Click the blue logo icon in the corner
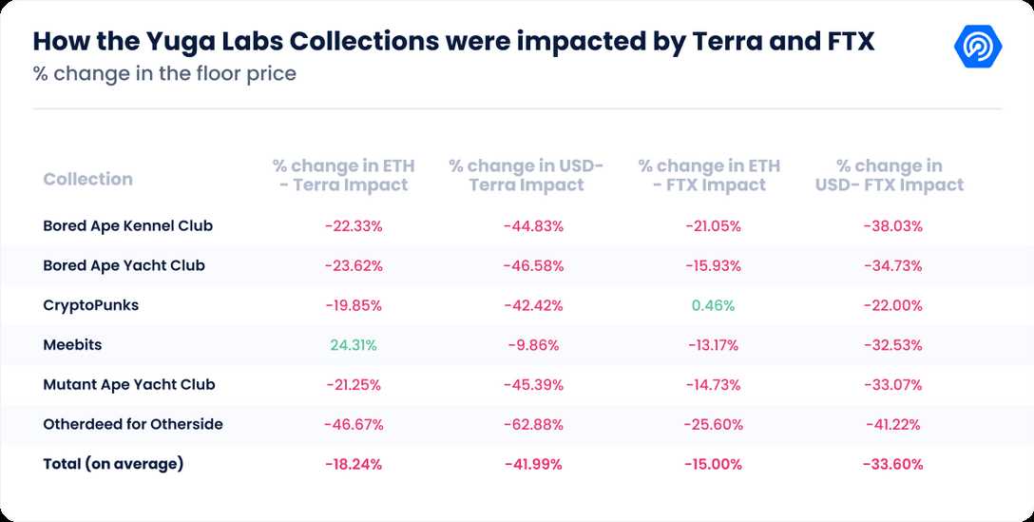tap(978, 46)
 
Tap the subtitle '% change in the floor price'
tap(164, 73)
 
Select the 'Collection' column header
tap(87, 179)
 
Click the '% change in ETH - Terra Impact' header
tap(343, 175)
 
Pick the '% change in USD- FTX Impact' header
tap(889, 175)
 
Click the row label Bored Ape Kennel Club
tap(127, 226)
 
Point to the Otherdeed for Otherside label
tap(133, 424)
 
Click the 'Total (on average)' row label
tap(113, 464)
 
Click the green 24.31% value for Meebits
tap(354, 345)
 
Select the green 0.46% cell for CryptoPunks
tap(713, 305)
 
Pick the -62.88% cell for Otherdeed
tap(533, 424)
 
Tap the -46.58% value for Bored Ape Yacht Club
tap(533, 265)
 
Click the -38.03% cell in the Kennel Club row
tap(892, 226)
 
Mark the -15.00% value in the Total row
tap(713, 464)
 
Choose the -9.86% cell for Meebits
tap(533, 345)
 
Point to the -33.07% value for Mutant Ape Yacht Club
tap(892, 385)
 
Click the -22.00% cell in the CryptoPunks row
tap(892, 305)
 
